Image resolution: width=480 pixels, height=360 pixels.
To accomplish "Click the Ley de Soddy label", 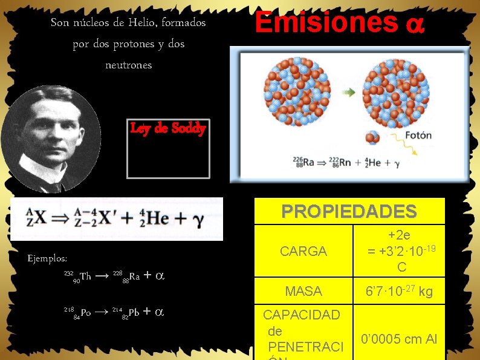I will point(168,128).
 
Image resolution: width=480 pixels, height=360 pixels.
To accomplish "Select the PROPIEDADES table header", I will point(349,211).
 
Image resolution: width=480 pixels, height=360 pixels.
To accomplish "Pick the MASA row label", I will point(303,292).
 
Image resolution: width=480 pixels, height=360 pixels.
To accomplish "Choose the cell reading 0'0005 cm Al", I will point(399,339).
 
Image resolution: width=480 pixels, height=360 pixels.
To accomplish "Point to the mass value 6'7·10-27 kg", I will point(399,292).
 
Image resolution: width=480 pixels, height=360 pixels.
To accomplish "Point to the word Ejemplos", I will point(48,258).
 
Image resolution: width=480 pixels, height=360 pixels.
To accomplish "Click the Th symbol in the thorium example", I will point(85,277).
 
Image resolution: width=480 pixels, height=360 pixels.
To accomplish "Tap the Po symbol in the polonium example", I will point(85,312).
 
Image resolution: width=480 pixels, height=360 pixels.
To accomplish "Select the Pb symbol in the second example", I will point(134,312).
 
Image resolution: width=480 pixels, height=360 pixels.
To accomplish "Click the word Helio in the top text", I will point(143,23).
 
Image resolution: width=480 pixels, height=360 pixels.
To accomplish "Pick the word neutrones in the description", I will point(128,65).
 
